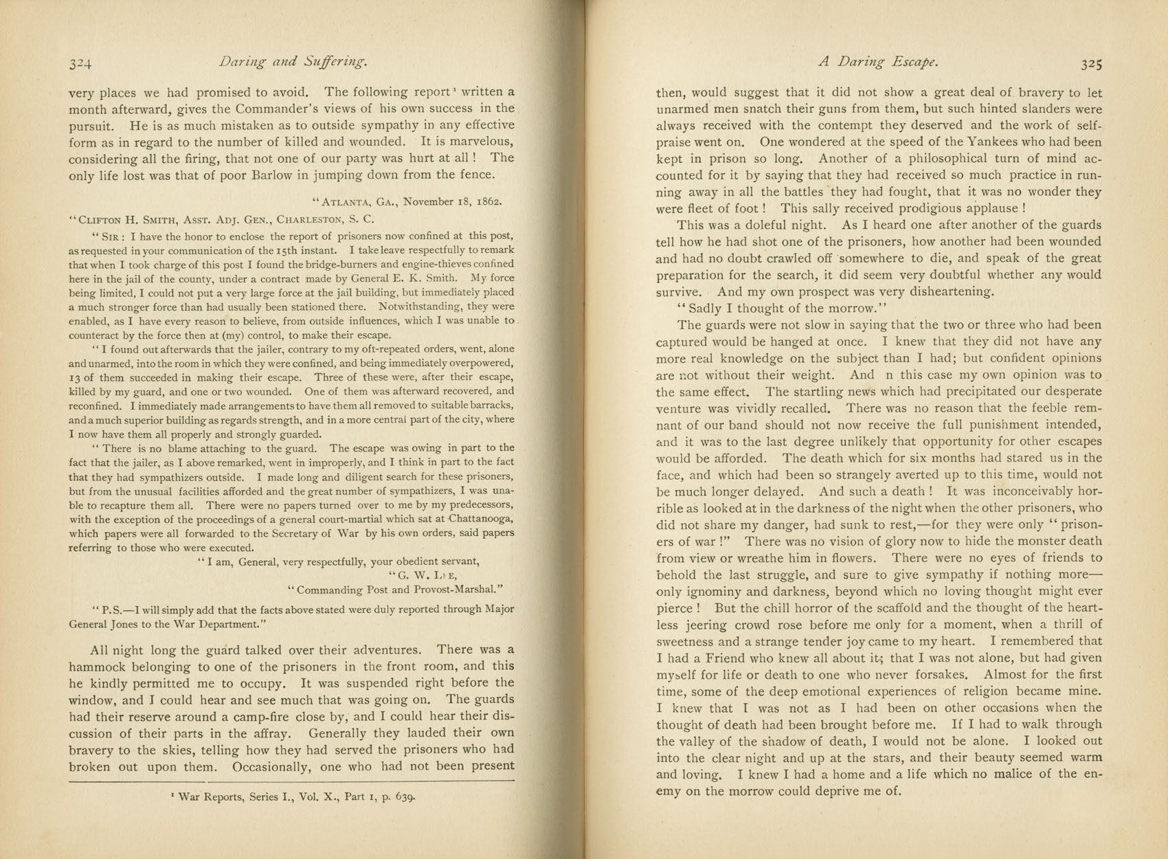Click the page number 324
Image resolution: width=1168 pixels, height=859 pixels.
80,64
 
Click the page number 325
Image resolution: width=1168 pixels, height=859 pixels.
1091,64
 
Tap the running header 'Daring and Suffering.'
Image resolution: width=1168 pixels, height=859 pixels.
293,62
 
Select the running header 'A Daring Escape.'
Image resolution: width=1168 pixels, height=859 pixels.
879,62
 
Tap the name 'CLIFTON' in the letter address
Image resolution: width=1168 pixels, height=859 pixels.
102,221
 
